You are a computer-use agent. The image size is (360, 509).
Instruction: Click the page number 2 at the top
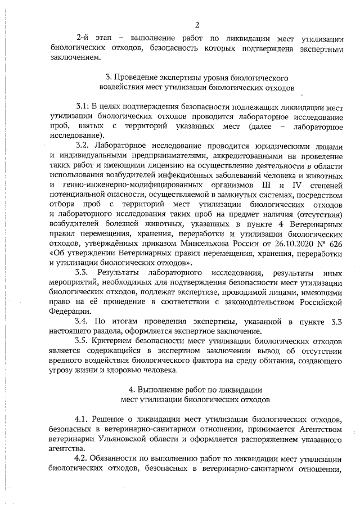197,24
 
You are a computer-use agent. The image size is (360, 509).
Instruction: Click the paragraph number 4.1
83,420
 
